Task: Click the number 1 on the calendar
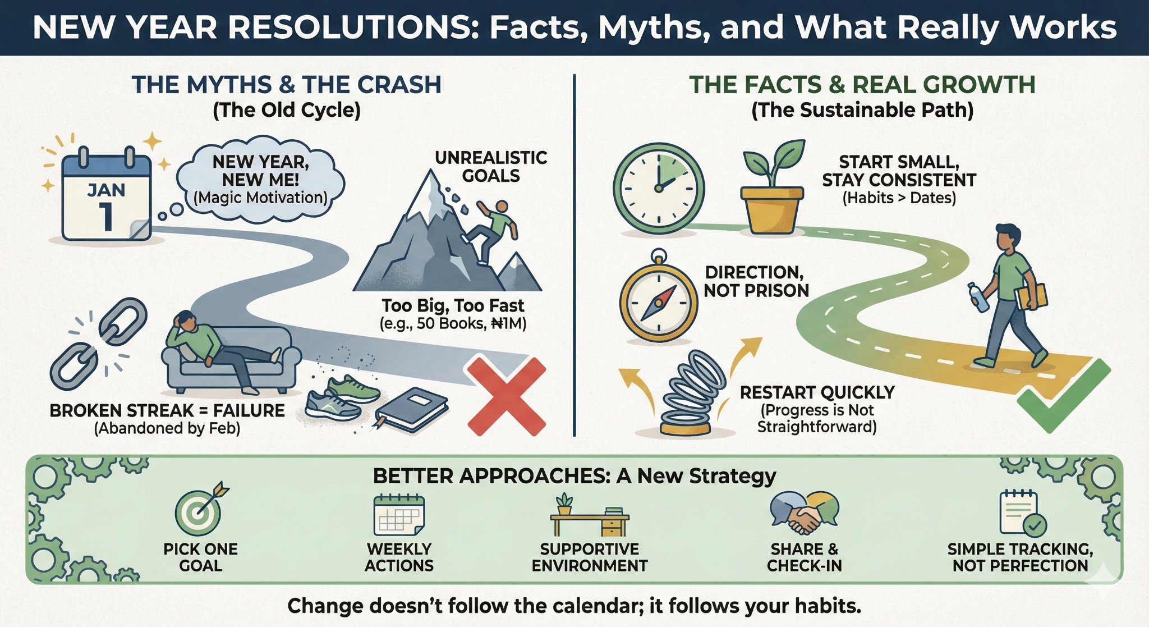point(105,216)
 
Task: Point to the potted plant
point(772,188)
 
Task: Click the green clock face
point(659,187)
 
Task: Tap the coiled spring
point(691,393)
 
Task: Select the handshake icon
point(804,512)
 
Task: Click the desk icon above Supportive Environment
point(590,516)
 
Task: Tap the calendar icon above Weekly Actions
point(399,515)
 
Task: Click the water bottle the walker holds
point(978,297)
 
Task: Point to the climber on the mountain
point(490,231)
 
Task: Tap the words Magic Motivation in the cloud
point(260,198)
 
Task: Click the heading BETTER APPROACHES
point(491,476)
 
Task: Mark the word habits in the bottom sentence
point(828,606)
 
